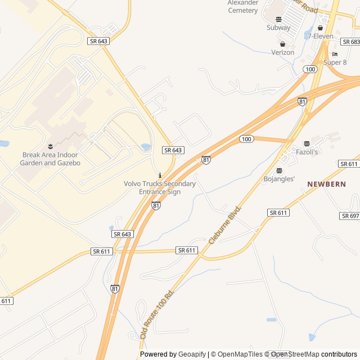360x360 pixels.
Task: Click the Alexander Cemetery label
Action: point(243,6)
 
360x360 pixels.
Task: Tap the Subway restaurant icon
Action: point(278,19)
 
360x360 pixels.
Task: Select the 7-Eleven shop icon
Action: point(321,28)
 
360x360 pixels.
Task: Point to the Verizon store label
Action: point(283,52)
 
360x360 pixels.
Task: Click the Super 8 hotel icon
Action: point(335,54)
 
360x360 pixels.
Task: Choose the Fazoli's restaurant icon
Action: point(307,144)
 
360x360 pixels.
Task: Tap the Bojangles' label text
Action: point(280,179)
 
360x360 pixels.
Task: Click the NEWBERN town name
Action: point(326,184)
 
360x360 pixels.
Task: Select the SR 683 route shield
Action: point(350,42)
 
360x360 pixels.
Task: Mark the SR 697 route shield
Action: point(349,216)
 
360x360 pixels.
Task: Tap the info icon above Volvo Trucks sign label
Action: point(160,175)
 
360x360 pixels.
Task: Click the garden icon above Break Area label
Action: point(50,147)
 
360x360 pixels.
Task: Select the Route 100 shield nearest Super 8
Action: point(310,69)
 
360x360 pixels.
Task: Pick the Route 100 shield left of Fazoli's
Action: point(246,139)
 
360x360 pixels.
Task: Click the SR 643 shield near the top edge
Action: point(98,41)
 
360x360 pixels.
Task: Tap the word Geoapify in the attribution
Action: point(192,354)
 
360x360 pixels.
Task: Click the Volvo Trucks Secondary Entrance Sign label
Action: point(160,188)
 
